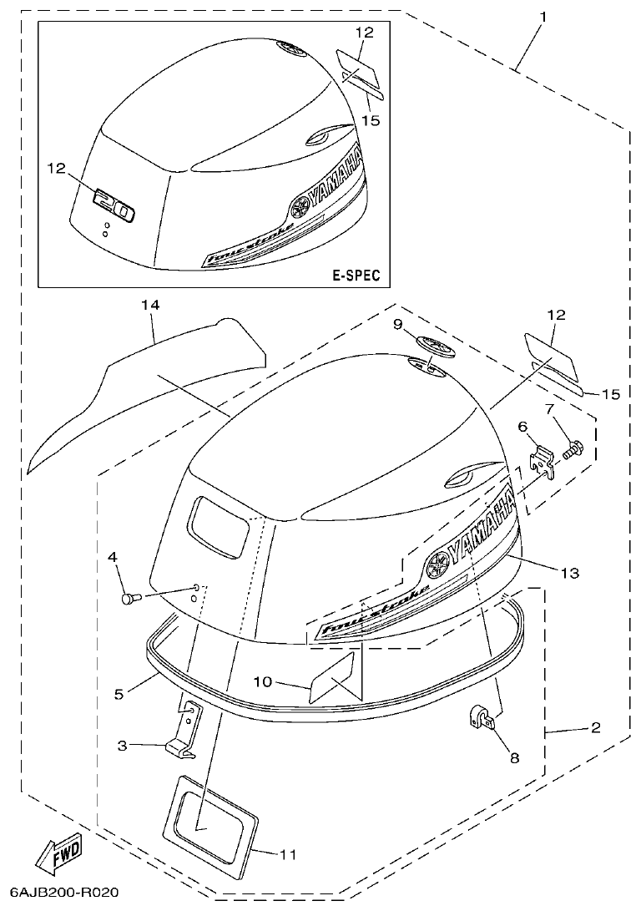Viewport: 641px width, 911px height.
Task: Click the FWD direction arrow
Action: coord(58,852)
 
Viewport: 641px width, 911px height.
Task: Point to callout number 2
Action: coord(595,728)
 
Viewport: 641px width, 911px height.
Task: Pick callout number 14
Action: coord(149,306)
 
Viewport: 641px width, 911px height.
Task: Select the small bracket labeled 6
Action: coord(543,462)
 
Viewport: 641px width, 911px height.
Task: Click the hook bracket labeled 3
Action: coord(185,733)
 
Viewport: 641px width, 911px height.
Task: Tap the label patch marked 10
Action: coord(332,678)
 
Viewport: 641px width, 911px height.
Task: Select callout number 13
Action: coord(569,573)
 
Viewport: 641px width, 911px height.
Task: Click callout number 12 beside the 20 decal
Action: coord(56,168)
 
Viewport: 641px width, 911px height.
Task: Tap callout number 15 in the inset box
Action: coord(371,120)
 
